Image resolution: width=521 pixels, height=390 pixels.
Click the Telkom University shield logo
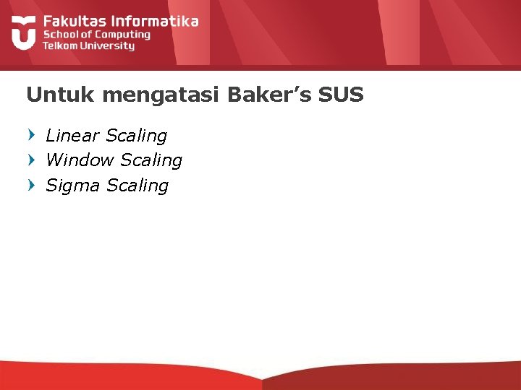pyautogui.click(x=23, y=31)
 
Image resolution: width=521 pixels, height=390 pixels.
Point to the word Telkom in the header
pyautogui.click(x=61, y=45)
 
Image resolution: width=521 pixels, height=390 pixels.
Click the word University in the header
pyautogui.click(x=108, y=45)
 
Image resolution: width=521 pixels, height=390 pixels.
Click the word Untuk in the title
pyautogui.click(x=52, y=95)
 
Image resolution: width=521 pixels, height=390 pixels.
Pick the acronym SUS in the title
pyautogui.click(x=340, y=95)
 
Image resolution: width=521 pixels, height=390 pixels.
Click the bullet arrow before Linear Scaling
pyautogui.click(x=30, y=134)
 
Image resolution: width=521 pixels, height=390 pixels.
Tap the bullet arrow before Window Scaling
pyautogui.click(x=30, y=160)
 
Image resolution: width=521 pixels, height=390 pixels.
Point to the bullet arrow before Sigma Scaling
pyautogui.click(x=30, y=185)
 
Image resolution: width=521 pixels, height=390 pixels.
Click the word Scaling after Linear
pyautogui.click(x=136, y=136)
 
